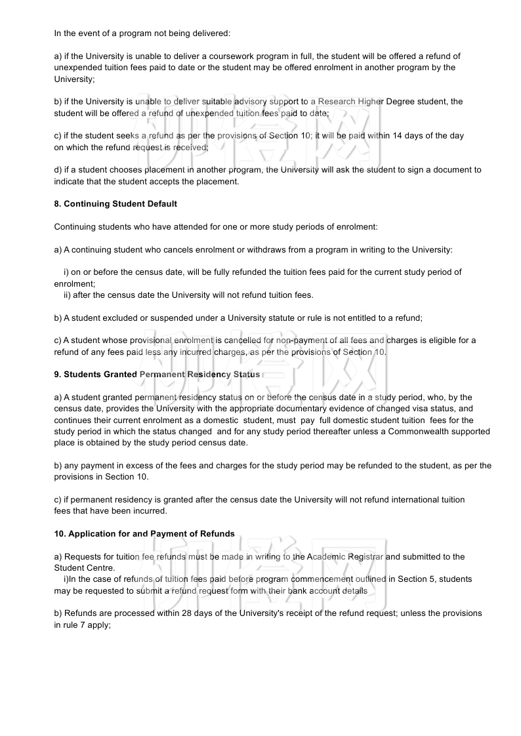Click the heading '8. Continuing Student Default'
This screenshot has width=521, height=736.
pos(115,204)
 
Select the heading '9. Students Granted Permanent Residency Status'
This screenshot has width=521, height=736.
pos(157,375)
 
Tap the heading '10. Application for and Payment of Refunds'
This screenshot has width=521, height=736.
pos(144,534)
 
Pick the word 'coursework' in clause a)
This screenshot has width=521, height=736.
pos(227,56)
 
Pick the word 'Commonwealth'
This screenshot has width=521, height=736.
pos(418,432)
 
